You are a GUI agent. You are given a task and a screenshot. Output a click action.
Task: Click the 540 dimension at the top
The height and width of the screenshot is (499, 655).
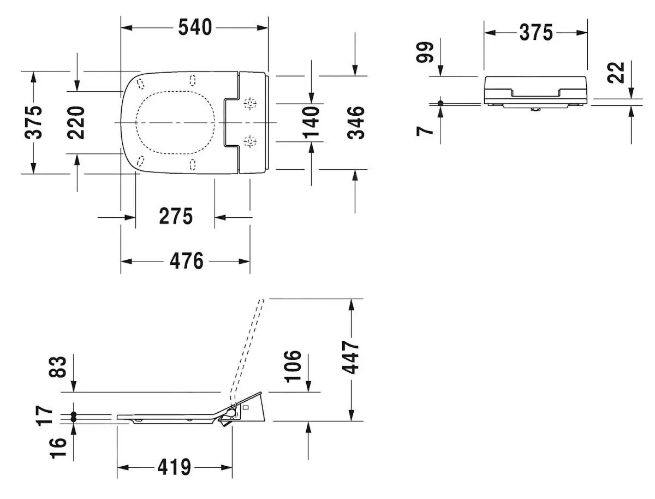(x=195, y=27)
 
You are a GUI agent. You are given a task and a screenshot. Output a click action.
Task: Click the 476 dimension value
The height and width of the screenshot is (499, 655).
(x=187, y=261)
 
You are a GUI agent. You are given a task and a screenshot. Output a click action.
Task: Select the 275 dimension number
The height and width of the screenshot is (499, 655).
(x=176, y=217)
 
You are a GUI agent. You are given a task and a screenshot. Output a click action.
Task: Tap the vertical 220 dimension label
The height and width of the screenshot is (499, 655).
(x=78, y=122)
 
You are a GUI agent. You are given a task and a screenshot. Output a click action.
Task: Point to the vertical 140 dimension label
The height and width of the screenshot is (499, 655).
(x=311, y=122)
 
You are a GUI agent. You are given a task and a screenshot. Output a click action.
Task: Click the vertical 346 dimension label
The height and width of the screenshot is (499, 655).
(x=356, y=122)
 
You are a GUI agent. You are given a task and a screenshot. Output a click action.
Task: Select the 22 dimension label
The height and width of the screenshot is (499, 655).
(x=617, y=72)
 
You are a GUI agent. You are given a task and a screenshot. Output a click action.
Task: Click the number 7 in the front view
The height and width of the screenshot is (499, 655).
(x=426, y=130)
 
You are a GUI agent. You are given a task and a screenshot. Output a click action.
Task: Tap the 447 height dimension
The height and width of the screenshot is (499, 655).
(x=352, y=358)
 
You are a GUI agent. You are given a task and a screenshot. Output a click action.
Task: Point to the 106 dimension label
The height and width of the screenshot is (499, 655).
(x=293, y=366)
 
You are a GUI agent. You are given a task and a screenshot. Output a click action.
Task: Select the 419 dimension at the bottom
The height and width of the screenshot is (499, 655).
(x=175, y=467)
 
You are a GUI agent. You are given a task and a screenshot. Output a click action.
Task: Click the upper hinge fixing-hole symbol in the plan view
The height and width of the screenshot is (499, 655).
(x=250, y=103)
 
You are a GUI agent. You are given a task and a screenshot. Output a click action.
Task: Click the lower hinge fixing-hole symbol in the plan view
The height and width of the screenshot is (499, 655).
(x=250, y=142)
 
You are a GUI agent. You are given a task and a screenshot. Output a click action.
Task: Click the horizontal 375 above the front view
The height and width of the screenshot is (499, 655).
(x=535, y=33)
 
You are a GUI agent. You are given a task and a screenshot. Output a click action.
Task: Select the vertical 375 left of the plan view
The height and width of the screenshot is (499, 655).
(x=34, y=122)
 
